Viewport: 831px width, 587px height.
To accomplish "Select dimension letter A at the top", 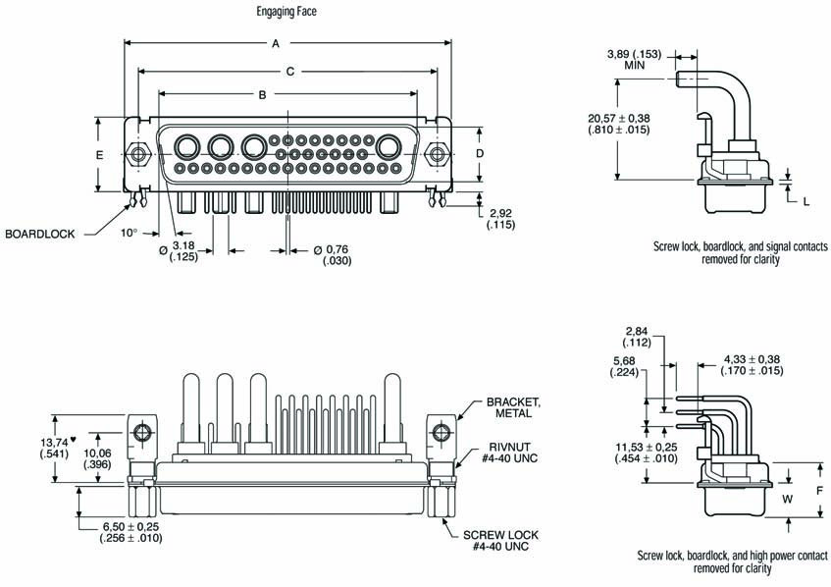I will click(x=277, y=43).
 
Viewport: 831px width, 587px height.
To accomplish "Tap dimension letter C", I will click(x=289, y=71).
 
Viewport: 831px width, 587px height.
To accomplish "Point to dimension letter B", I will click(x=262, y=94).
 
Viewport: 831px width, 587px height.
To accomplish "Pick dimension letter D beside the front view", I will click(x=480, y=154).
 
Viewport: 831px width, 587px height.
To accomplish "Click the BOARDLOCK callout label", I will click(x=40, y=235).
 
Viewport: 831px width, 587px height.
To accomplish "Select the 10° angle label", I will click(x=129, y=233).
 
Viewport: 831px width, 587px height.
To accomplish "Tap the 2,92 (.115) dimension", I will click(x=500, y=219).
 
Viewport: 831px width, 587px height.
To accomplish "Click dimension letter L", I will click(x=805, y=200).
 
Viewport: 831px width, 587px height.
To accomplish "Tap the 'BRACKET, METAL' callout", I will click(x=512, y=408).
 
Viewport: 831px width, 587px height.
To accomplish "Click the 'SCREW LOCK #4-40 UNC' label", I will click(x=503, y=541).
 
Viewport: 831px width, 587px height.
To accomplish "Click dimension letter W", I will click(x=787, y=499).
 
